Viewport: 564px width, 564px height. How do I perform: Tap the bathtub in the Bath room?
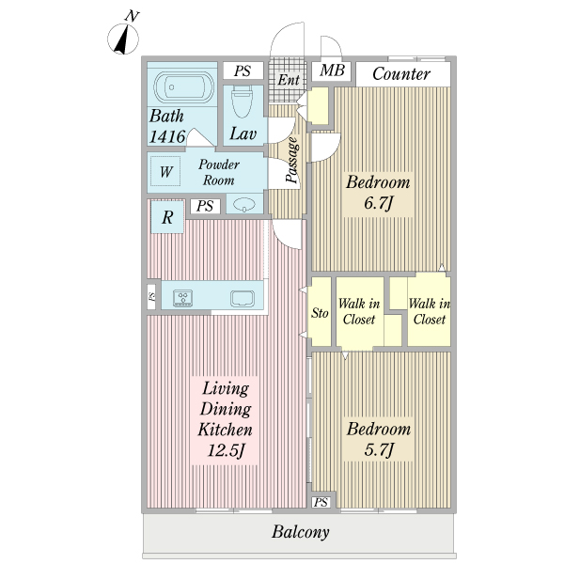click(x=183, y=87)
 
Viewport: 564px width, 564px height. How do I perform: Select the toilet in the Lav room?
click(x=242, y=102)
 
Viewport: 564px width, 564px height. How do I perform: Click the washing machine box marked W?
click(x=165, y=171)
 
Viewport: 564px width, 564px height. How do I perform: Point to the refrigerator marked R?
click(x=167, y=217)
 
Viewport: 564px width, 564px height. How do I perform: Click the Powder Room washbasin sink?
click(x=244, y=205)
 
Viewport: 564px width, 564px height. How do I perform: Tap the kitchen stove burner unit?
click(x=182, y=298)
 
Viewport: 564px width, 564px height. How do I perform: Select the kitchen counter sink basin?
click(x=243, y=299)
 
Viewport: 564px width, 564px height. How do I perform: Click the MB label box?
click(x=331, y=70)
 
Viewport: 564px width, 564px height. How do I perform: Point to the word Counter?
click(x=401, y=74)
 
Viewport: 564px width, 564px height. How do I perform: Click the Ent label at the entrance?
click(x=289, y=80)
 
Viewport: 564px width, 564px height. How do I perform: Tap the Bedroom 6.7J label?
click(x=378, y=193)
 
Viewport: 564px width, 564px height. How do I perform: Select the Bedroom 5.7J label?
click(x=379, y=440)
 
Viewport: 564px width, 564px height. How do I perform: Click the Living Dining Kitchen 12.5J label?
click(x=226, y=419)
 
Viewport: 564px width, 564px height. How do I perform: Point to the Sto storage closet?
click(x=321, y=312)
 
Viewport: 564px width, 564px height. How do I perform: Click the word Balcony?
click(x=301, y=532)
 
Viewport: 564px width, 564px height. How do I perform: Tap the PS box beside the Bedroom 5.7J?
click(x=321, y=502)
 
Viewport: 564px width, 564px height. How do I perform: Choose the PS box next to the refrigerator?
click(x=205, y=206)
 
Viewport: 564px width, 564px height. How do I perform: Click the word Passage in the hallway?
click(x=292, y=160)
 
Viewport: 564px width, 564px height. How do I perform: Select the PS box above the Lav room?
click(x=243, y=70)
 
